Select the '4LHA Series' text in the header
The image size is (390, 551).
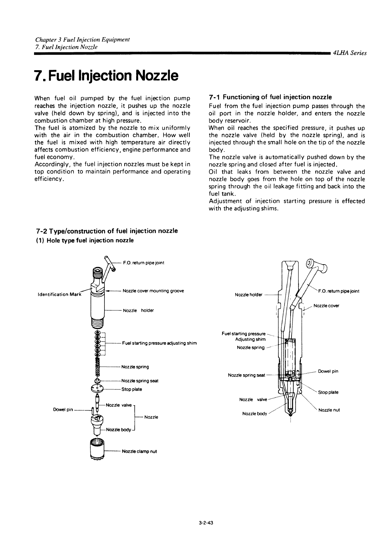tap(349, 53)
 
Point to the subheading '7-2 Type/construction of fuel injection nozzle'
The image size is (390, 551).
tap(107, 231)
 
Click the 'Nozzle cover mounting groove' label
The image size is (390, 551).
tap(153, 291)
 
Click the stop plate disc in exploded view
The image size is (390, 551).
tap(97, 389)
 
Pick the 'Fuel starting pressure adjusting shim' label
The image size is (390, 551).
tap(159, 343)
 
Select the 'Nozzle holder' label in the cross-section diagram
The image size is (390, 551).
tap(248, 295)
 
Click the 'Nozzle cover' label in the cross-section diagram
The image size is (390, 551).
tap(326, 306)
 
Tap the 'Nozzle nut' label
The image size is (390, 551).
tap(329, 410)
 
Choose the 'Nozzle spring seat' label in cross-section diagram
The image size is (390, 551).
tap(246, 375)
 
